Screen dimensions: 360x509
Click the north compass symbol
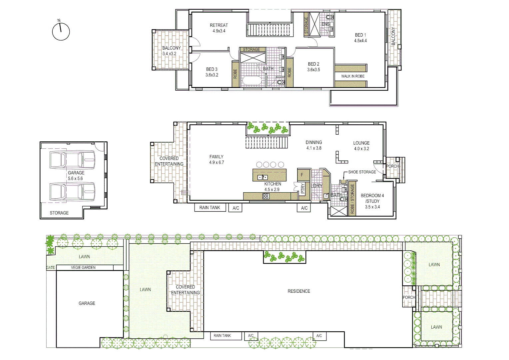tap(61, 32)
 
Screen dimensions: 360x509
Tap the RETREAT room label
tap(219, 25)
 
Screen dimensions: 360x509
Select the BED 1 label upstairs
tap(360, 35)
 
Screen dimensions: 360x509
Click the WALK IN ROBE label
tap(353, 76)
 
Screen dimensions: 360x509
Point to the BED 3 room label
tap(212, 69)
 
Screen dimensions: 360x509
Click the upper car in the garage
tap(72, 160)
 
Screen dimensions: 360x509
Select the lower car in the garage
tap(72, 192)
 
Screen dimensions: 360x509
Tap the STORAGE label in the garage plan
tap(59, 213)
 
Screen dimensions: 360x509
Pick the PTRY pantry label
tap(302, 189)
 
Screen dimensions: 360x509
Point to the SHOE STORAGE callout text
tap(362, 172)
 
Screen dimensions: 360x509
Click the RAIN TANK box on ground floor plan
tap(210, 208)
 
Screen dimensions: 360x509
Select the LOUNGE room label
tap(361, 143)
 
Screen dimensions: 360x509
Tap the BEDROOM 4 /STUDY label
tap(372, 198)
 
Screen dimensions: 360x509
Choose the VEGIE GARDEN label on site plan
tap(83, 268)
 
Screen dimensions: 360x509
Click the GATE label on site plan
tap(51, 268)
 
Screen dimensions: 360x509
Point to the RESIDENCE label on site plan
tap(299, 291)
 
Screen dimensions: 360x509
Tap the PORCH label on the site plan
tap(409, 297)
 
